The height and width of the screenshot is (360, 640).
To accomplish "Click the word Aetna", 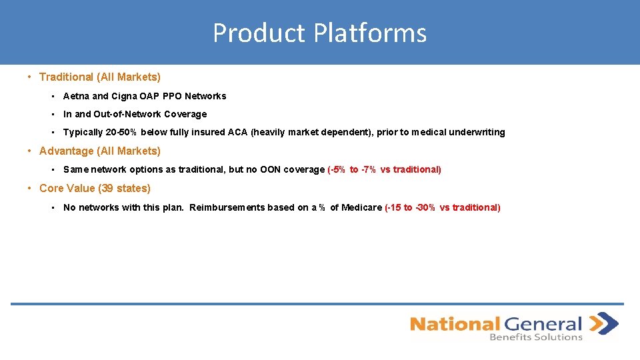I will (76, 96).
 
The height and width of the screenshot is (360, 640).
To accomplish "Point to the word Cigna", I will (125, 96).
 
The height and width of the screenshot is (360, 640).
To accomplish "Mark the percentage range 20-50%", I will (121, 132).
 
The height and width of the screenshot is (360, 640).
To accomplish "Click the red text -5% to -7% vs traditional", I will (385, 169).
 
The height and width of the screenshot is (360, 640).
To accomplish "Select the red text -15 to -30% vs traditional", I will (443, 207).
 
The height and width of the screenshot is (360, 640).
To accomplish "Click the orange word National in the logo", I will (455, 324).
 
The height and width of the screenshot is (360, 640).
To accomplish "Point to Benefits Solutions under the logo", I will (536, 337).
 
